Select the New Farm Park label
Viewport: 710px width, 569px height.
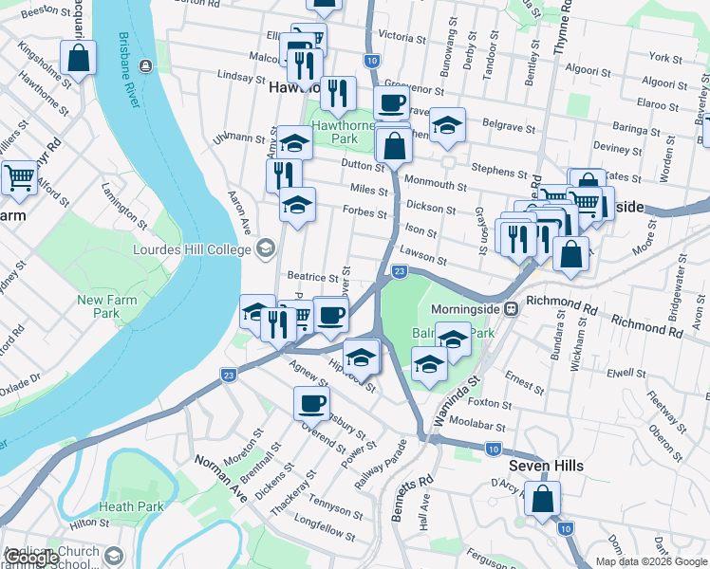[99, 306]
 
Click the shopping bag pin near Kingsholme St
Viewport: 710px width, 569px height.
[78, 58]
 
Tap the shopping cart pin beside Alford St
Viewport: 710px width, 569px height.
[20, 177]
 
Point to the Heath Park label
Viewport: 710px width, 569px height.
[129, 506]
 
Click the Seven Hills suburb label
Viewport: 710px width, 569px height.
[545, 466]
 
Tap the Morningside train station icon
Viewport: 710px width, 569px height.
[511, 309]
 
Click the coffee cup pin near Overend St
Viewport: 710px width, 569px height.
[310, 405]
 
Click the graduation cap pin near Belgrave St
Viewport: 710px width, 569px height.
[446, 125]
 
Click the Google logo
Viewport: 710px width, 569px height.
[31, 559]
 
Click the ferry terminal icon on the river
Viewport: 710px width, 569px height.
[144, 65]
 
